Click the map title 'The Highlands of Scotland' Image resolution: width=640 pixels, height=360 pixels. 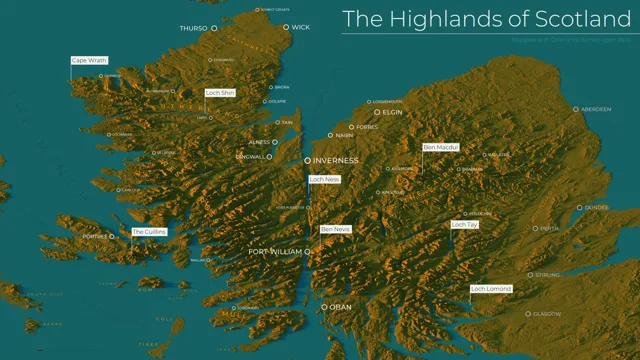tap(483, 18)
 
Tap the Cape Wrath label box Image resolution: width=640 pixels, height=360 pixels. tap(88, 60)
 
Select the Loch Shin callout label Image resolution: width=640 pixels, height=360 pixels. tap(219, 93)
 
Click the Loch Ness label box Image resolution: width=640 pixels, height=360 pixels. tap(325, 179)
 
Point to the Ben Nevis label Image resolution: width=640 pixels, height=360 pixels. tap(335, 230)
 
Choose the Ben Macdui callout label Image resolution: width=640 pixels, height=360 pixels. tap(440, 147)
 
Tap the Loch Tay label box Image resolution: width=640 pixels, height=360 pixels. tap(465, 225)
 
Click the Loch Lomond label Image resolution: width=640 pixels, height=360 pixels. tap(491, 289)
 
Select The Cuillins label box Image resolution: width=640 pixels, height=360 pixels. tap(149, 232)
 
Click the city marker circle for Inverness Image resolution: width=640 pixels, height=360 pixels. tap(307, 160)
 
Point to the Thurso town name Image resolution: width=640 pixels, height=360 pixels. tap(192, 29)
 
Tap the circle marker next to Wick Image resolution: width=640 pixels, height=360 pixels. tap(286, 28)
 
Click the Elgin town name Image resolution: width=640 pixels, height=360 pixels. tap(392, 113)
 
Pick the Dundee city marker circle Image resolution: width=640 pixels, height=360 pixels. tap(579, 208)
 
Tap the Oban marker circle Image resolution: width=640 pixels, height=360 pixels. tap(324, 307)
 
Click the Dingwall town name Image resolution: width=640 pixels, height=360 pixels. tap(249, 157)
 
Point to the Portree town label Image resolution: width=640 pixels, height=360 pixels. tap(95, 237)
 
